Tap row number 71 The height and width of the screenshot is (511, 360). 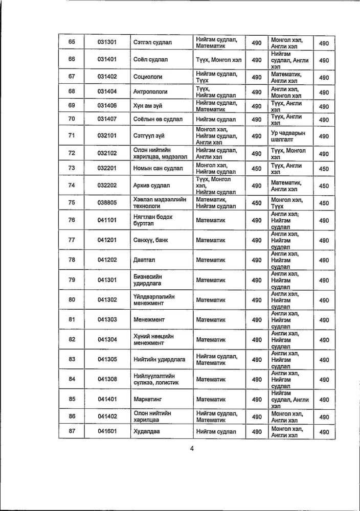[x=72, y=135]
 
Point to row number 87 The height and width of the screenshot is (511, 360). [x=72, y=432]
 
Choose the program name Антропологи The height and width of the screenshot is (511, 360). [x=152, y=91]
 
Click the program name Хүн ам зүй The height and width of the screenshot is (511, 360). [x=147, y=106]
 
